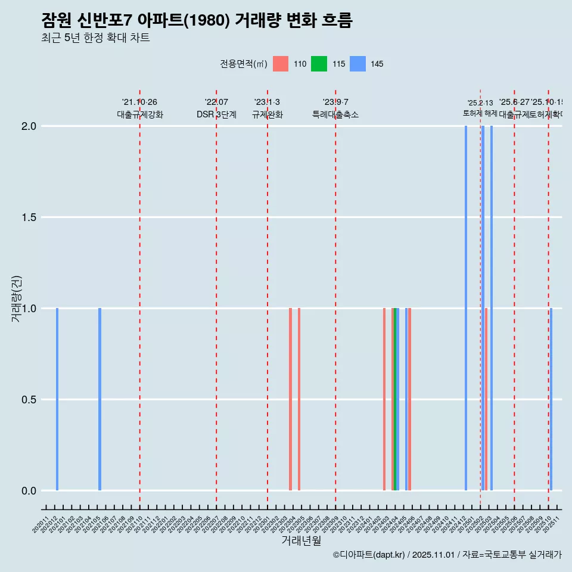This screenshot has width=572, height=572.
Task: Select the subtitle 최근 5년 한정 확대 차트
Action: tap(95, 38)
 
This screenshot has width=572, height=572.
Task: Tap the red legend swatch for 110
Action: tap(280, 64)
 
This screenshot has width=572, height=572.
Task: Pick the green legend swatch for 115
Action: tap(319, 64)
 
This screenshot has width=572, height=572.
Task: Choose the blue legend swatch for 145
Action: tap(357, 64)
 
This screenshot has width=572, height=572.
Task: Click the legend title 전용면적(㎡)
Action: tap(244, 64)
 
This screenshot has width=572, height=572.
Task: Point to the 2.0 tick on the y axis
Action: tap(29, 126)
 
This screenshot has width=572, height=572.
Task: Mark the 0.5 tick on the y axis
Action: tap(29, 400)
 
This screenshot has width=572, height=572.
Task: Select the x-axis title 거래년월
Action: tap(301, 540)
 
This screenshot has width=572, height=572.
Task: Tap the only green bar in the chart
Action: tap(394, 399)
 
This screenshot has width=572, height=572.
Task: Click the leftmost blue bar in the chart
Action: tap(57, 399)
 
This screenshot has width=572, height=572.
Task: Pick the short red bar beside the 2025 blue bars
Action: tap(486, 399)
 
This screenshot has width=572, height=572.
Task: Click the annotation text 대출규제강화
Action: tap(139, 114)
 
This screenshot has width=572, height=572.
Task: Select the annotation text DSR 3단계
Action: tap(216, 114)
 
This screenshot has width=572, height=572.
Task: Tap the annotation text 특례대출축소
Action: tap(335, 114)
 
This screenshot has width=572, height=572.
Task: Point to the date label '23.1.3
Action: tap(267, 102)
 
